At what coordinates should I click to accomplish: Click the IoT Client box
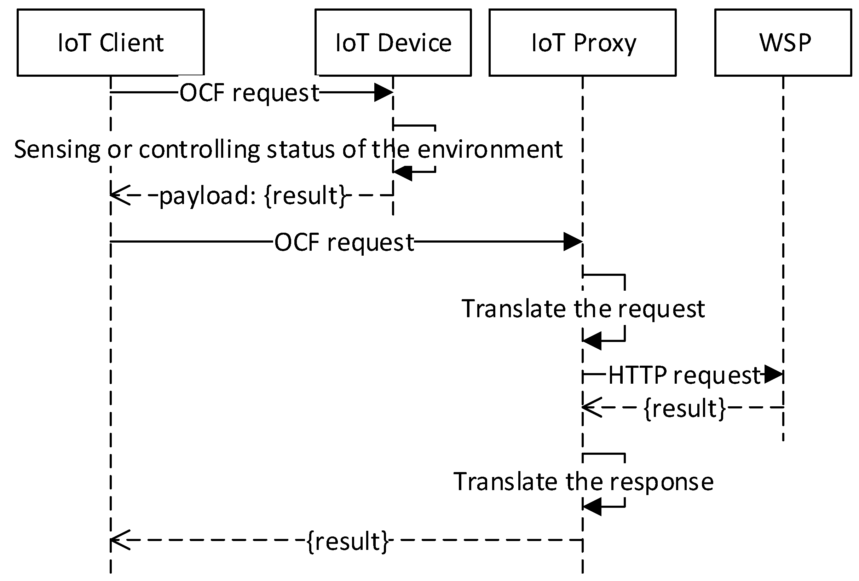(x=110, y=42)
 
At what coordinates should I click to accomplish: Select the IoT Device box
(x=393, y=42)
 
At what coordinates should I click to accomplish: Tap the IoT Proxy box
(x=583, y=42)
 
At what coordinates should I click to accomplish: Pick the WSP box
(x=783, y=42)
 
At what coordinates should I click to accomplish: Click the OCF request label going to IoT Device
(x=249, y=93)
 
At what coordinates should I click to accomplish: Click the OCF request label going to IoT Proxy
(x=344, y=243)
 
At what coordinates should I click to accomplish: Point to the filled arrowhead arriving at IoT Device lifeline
(x=384, y=92)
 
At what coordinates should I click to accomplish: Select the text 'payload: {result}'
(x=253, y=196)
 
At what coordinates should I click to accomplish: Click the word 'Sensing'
(x=57, y=150)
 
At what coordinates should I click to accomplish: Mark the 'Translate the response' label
(x=583, y=482)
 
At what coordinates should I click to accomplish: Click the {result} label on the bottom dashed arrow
(x=347, y=541)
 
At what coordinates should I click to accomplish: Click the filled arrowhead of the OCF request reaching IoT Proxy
(x=573, y=242)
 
